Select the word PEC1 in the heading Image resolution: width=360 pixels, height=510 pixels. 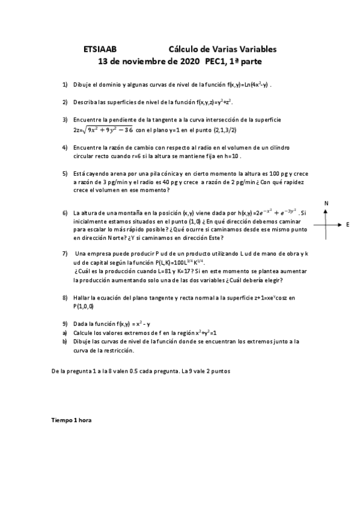coord(216,61)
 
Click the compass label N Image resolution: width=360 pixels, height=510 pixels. coord(326,204)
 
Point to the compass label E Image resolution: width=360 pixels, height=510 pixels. coord(348,224)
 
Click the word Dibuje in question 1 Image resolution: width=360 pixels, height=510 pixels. coord(82,85)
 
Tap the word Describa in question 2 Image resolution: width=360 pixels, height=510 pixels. coord(85,102)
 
